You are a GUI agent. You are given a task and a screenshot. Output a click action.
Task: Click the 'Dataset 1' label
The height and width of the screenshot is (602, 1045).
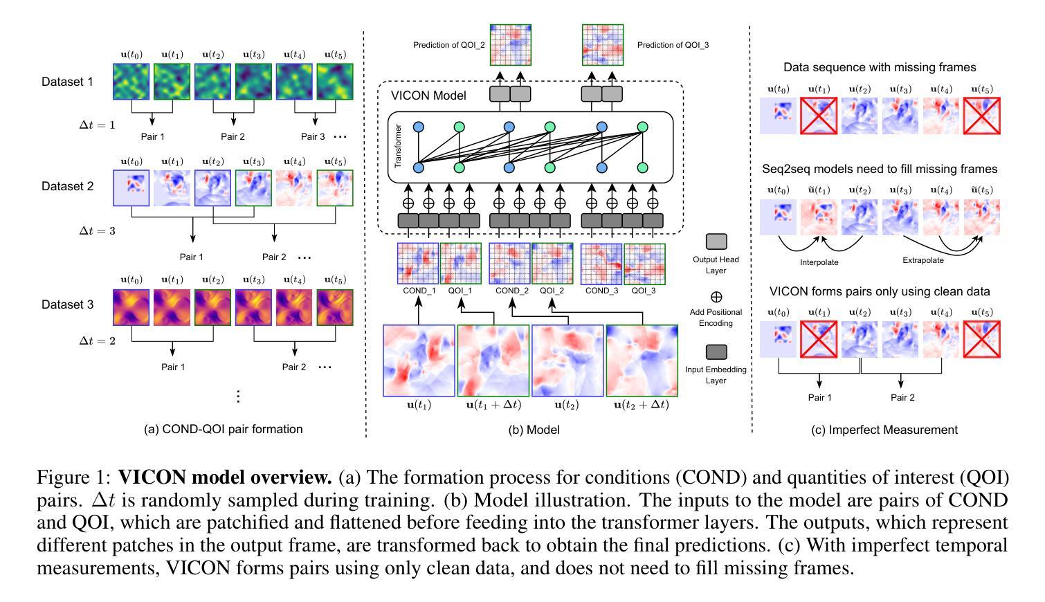coord(67,82)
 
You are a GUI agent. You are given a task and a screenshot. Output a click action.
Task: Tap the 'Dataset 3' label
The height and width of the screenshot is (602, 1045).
coord(67,304)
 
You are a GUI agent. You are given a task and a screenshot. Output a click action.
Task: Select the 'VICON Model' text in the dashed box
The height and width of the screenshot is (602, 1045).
coord(429,95)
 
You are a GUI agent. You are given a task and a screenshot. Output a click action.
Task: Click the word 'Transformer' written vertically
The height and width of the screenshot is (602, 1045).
coord(398,146)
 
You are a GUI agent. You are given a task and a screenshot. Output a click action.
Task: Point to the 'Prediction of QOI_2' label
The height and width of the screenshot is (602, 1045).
coord(449,45)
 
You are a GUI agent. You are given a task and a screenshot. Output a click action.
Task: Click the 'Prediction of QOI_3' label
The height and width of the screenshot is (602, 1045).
coord(673,45)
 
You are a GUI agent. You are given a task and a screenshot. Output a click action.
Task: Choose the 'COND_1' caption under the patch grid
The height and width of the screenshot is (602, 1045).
coord(419,291)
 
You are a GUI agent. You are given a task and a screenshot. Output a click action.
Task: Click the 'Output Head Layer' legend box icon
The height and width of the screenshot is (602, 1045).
coord(716,241)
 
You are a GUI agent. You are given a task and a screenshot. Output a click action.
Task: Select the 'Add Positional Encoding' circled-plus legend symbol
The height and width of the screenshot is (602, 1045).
coord(716,297)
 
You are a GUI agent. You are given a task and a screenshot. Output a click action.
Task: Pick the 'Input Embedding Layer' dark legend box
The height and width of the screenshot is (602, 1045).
coord(716,352)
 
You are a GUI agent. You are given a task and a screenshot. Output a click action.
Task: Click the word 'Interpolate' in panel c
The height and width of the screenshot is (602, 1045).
coord(819,262)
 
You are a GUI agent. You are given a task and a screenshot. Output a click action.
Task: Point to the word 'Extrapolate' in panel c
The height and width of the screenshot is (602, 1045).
coord(923,260)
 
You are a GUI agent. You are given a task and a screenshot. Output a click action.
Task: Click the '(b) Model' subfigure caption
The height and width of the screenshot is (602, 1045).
coord(534,430)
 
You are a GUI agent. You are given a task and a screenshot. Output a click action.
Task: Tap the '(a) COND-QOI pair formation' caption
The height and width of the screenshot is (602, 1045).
coord(223,429)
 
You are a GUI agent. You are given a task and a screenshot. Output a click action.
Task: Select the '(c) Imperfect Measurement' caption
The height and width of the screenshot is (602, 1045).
coord(884,430)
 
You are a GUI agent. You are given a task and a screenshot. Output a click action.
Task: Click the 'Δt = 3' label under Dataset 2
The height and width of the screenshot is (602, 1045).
coord(97,231)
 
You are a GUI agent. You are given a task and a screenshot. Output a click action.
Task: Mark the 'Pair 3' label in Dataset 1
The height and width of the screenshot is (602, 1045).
coord(313,136)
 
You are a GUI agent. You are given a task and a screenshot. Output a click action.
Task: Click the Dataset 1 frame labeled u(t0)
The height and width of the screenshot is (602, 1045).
coord(131,82)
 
